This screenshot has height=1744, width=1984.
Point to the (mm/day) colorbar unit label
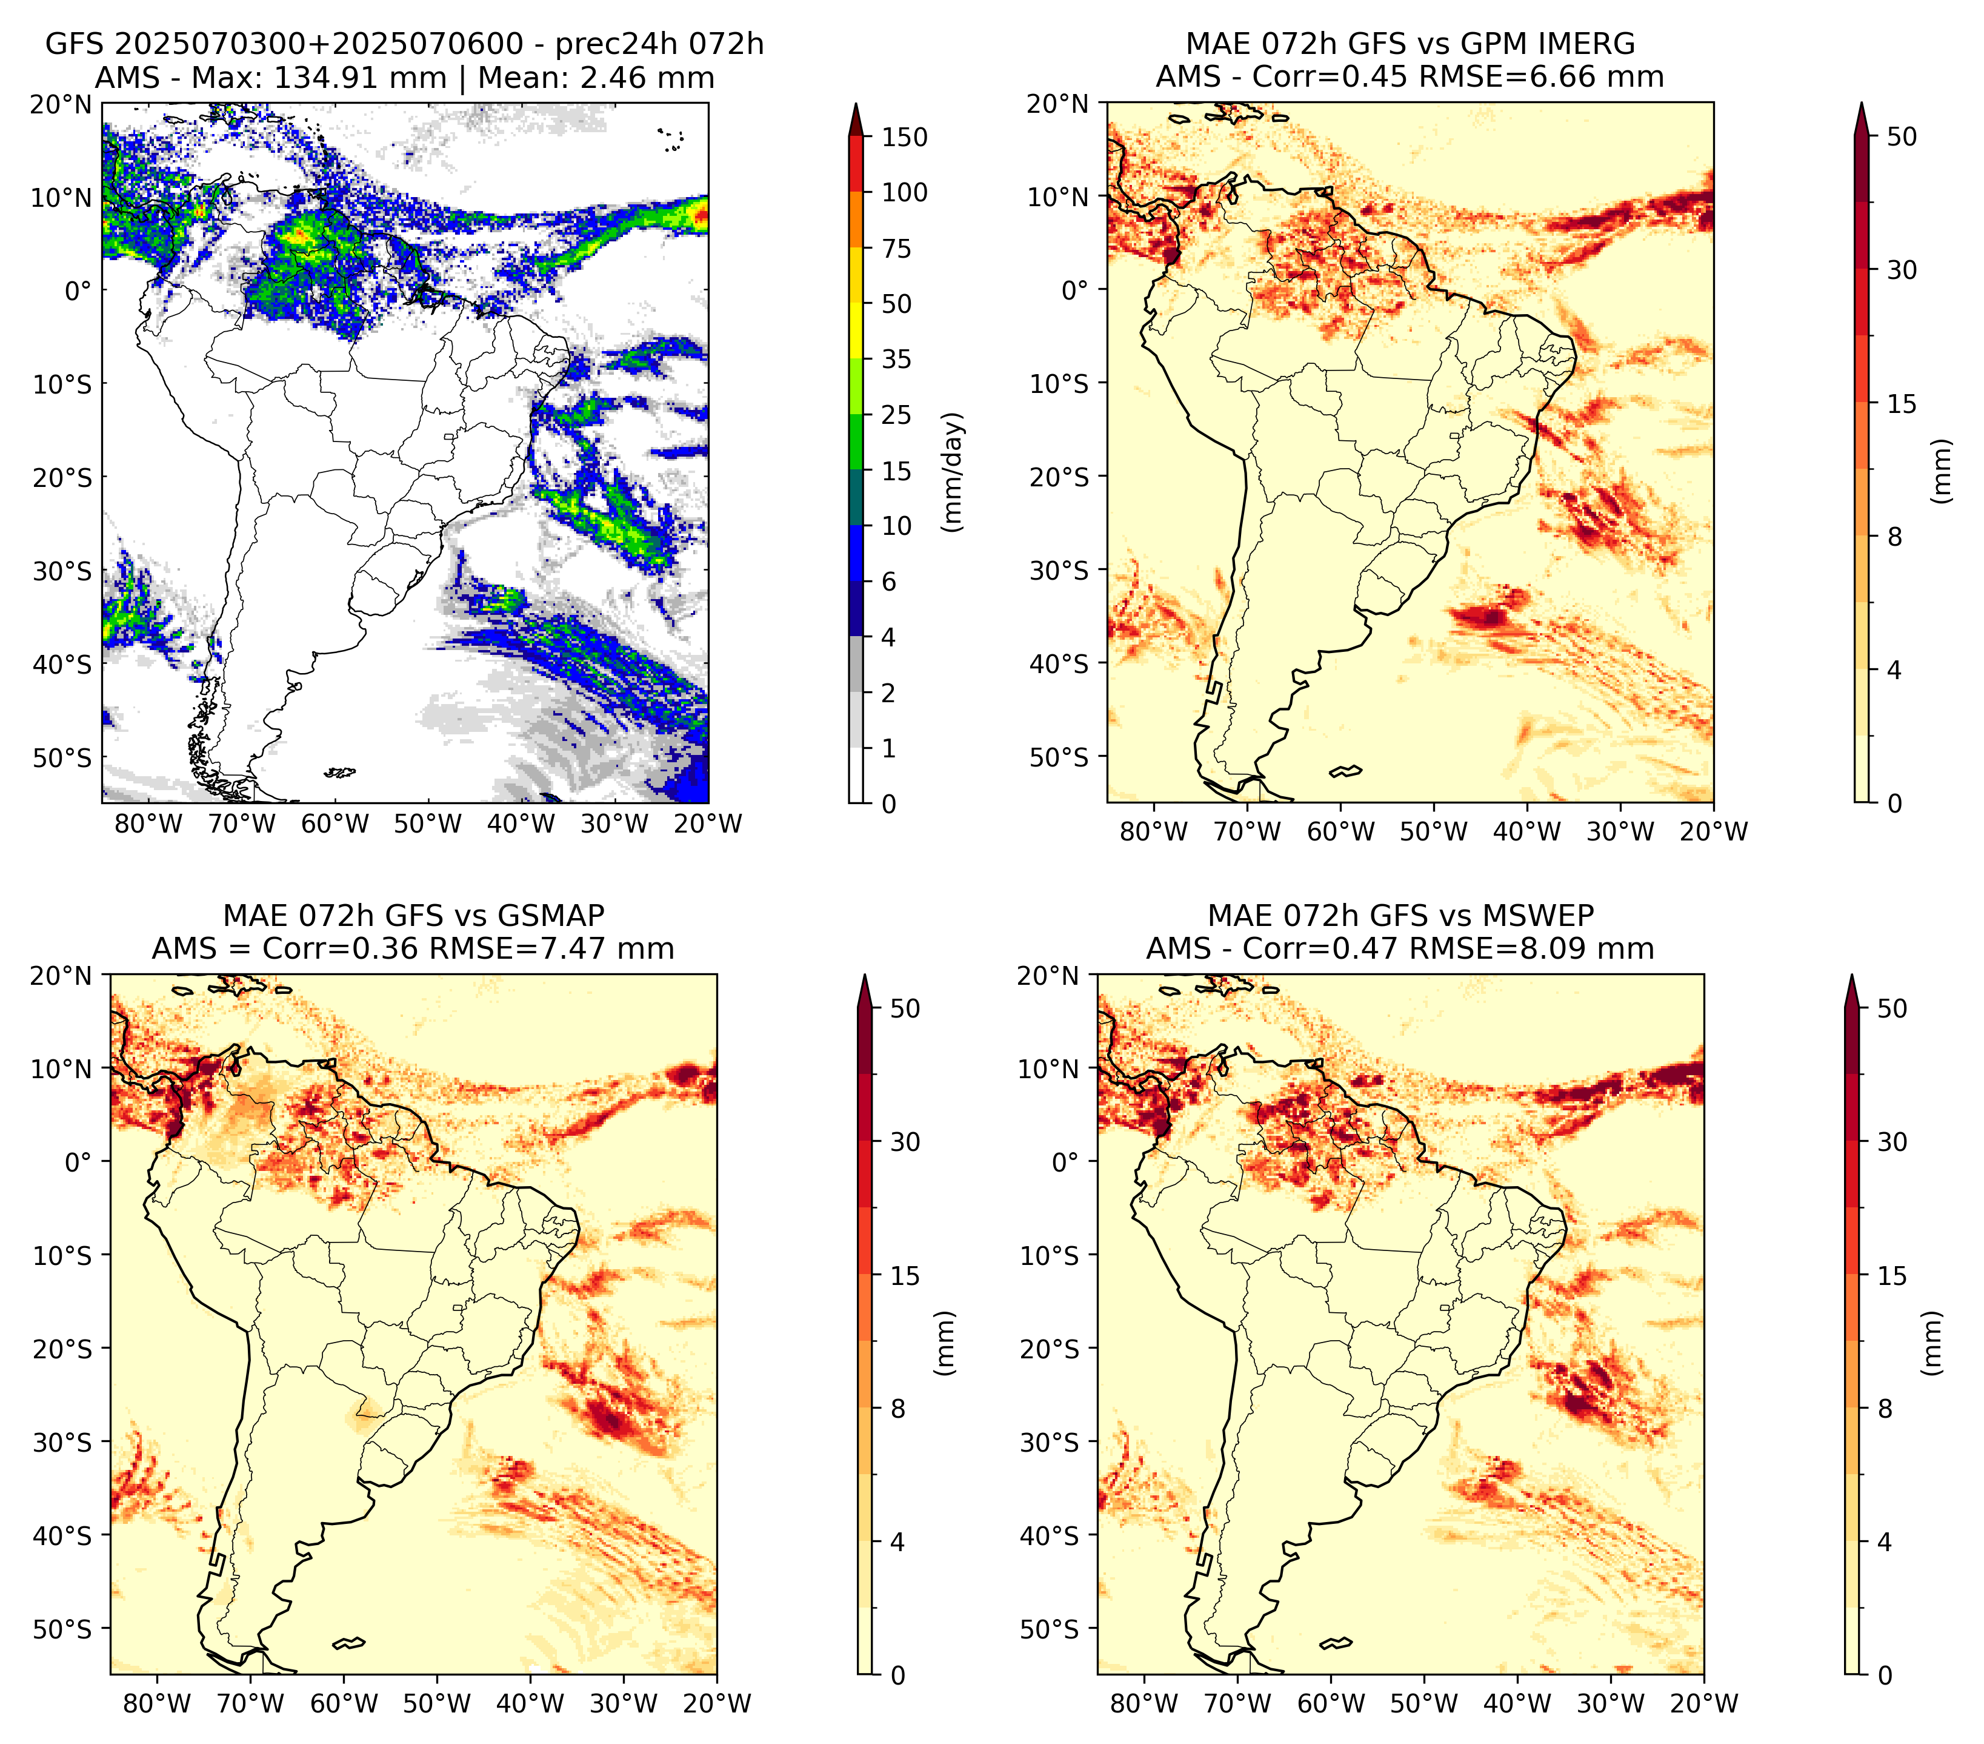(x=953, y=472)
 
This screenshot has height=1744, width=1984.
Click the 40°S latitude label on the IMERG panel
(x=1059, y=664)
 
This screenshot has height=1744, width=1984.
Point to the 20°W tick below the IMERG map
(x=1713, y=832)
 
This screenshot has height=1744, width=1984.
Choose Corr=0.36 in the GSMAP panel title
(x=342, y=949)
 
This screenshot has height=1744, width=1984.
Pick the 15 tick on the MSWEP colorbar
(x=1892, y=1276)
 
